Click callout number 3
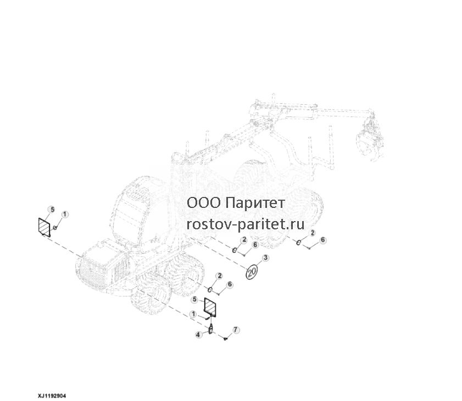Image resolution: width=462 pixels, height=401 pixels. (x=265, y=258)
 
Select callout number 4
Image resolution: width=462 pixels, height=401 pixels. (x=198, y=335)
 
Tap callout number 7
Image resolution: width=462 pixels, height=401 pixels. (x=236, y=330)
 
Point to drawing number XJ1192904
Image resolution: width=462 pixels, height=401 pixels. (x=52, y=396)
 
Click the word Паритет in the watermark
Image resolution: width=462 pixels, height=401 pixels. (x=257, y=203)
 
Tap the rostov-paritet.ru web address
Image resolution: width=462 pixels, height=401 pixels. (x=246, y=225)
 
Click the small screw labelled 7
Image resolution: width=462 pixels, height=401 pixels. (x=225, y=339)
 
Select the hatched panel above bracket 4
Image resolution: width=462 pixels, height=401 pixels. (x=210, y=307)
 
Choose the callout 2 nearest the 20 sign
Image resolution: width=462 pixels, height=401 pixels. (x=244, y=240)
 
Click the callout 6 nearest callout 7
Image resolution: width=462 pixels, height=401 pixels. (x=230, y=285)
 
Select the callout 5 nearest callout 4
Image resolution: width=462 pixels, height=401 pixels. (x=194, y=300)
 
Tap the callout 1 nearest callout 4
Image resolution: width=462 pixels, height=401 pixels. (x=193, y=314)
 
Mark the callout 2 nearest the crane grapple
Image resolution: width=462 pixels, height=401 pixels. (x=313, y=233)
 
